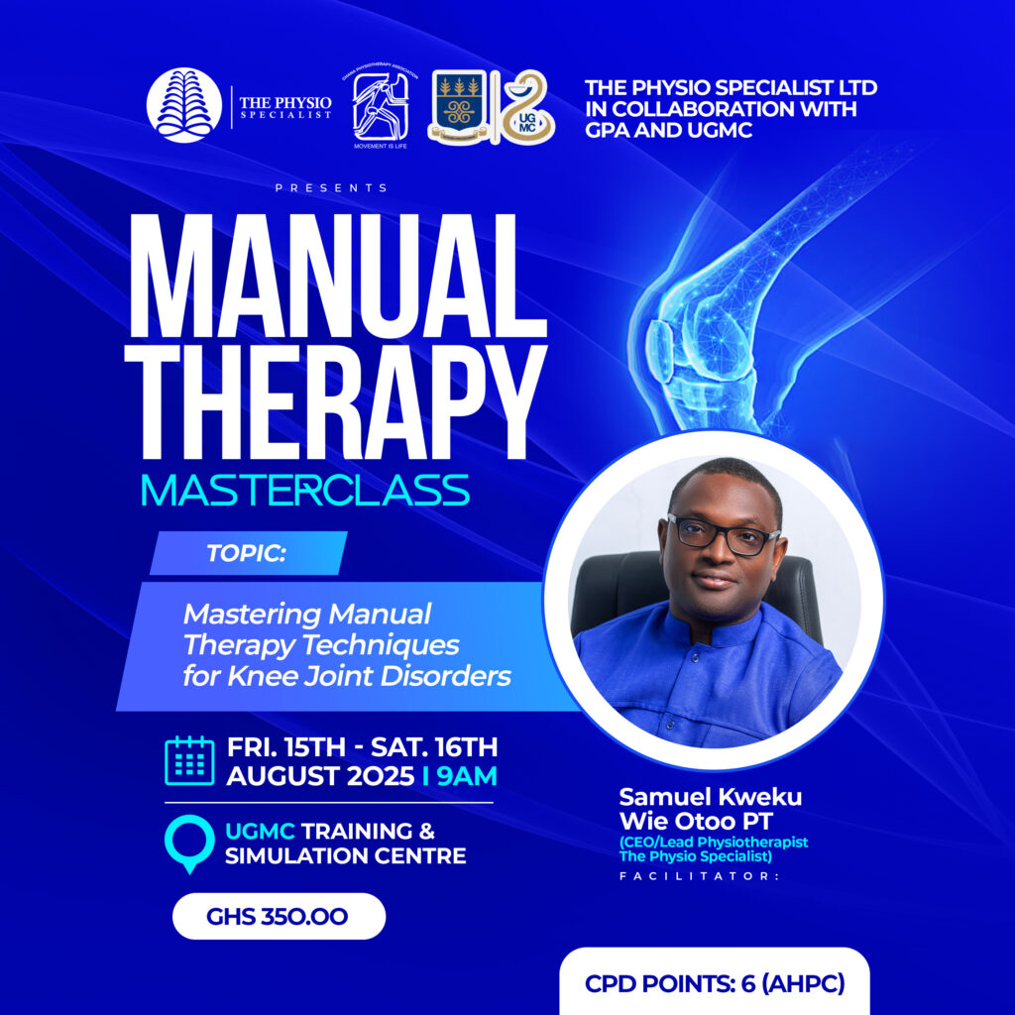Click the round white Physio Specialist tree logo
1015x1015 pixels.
184,105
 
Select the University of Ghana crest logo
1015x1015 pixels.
458,105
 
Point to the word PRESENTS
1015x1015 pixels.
331,187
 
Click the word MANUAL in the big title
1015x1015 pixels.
337,276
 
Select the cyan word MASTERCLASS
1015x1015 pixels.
305,490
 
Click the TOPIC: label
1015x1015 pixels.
246,553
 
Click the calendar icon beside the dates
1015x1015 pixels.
189,760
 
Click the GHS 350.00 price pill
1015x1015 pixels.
279,916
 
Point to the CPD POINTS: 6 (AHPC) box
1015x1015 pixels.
715,981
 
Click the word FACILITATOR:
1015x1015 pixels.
700,876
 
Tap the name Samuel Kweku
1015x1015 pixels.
710,797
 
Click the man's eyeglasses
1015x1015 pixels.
724,534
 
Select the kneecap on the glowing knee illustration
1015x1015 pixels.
660,350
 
